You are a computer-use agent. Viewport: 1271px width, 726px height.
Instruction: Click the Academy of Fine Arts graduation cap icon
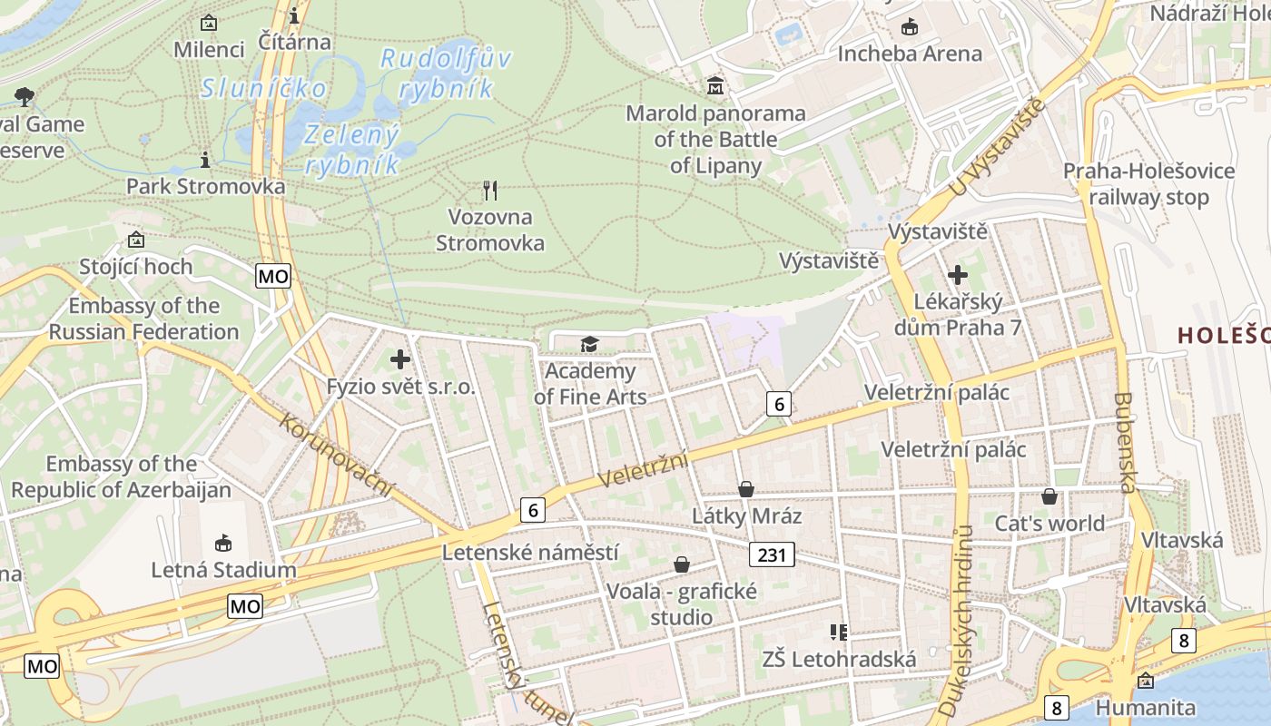pos(590,344)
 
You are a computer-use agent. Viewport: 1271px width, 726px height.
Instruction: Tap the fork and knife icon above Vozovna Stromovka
pos(490,190)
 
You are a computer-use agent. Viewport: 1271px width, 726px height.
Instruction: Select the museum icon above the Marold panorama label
pos(716,86)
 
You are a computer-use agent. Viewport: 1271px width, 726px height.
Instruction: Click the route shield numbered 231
pos(772,554)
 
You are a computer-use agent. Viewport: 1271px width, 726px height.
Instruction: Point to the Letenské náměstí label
pos(530,552)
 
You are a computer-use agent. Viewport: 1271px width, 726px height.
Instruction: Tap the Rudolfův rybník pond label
pos(445,74)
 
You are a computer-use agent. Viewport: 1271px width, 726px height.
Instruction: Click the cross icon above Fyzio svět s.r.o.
pos(400,359)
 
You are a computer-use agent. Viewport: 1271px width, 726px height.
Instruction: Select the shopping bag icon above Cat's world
pos(1049,496)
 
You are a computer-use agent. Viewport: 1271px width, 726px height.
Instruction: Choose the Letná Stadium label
pos(223,570)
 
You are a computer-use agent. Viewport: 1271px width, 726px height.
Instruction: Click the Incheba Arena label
pos(910,54)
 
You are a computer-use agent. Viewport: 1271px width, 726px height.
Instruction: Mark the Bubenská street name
pos(1124,442)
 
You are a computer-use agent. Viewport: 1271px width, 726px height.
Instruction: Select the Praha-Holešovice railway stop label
pos(1148,183)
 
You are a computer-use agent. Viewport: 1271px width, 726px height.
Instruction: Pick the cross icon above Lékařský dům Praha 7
pos(958,274)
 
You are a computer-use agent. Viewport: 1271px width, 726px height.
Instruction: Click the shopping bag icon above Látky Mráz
pos(746,489)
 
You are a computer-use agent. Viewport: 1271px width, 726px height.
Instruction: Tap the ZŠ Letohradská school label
pos(839,659)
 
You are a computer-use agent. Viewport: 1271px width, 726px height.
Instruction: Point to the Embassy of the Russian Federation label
pos(143,319)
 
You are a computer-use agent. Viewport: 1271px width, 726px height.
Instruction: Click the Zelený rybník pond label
pos(352,149)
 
